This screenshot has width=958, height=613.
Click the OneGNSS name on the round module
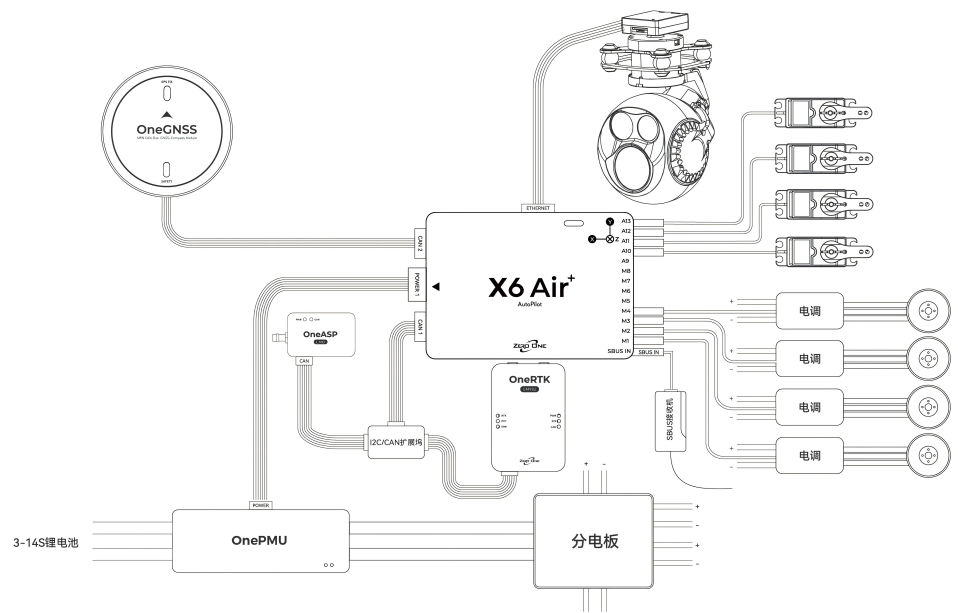click(x=166, y=130)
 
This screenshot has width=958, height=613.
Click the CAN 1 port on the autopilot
click(x=419, y=325)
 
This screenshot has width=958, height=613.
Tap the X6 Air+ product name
click(x=529, y=288)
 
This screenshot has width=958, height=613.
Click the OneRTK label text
click(x=530, y=380)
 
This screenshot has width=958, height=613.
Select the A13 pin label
click(x=625, y=219)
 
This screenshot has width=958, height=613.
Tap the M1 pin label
click(x=625, y=341)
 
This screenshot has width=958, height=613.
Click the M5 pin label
click(x=625, y=301)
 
